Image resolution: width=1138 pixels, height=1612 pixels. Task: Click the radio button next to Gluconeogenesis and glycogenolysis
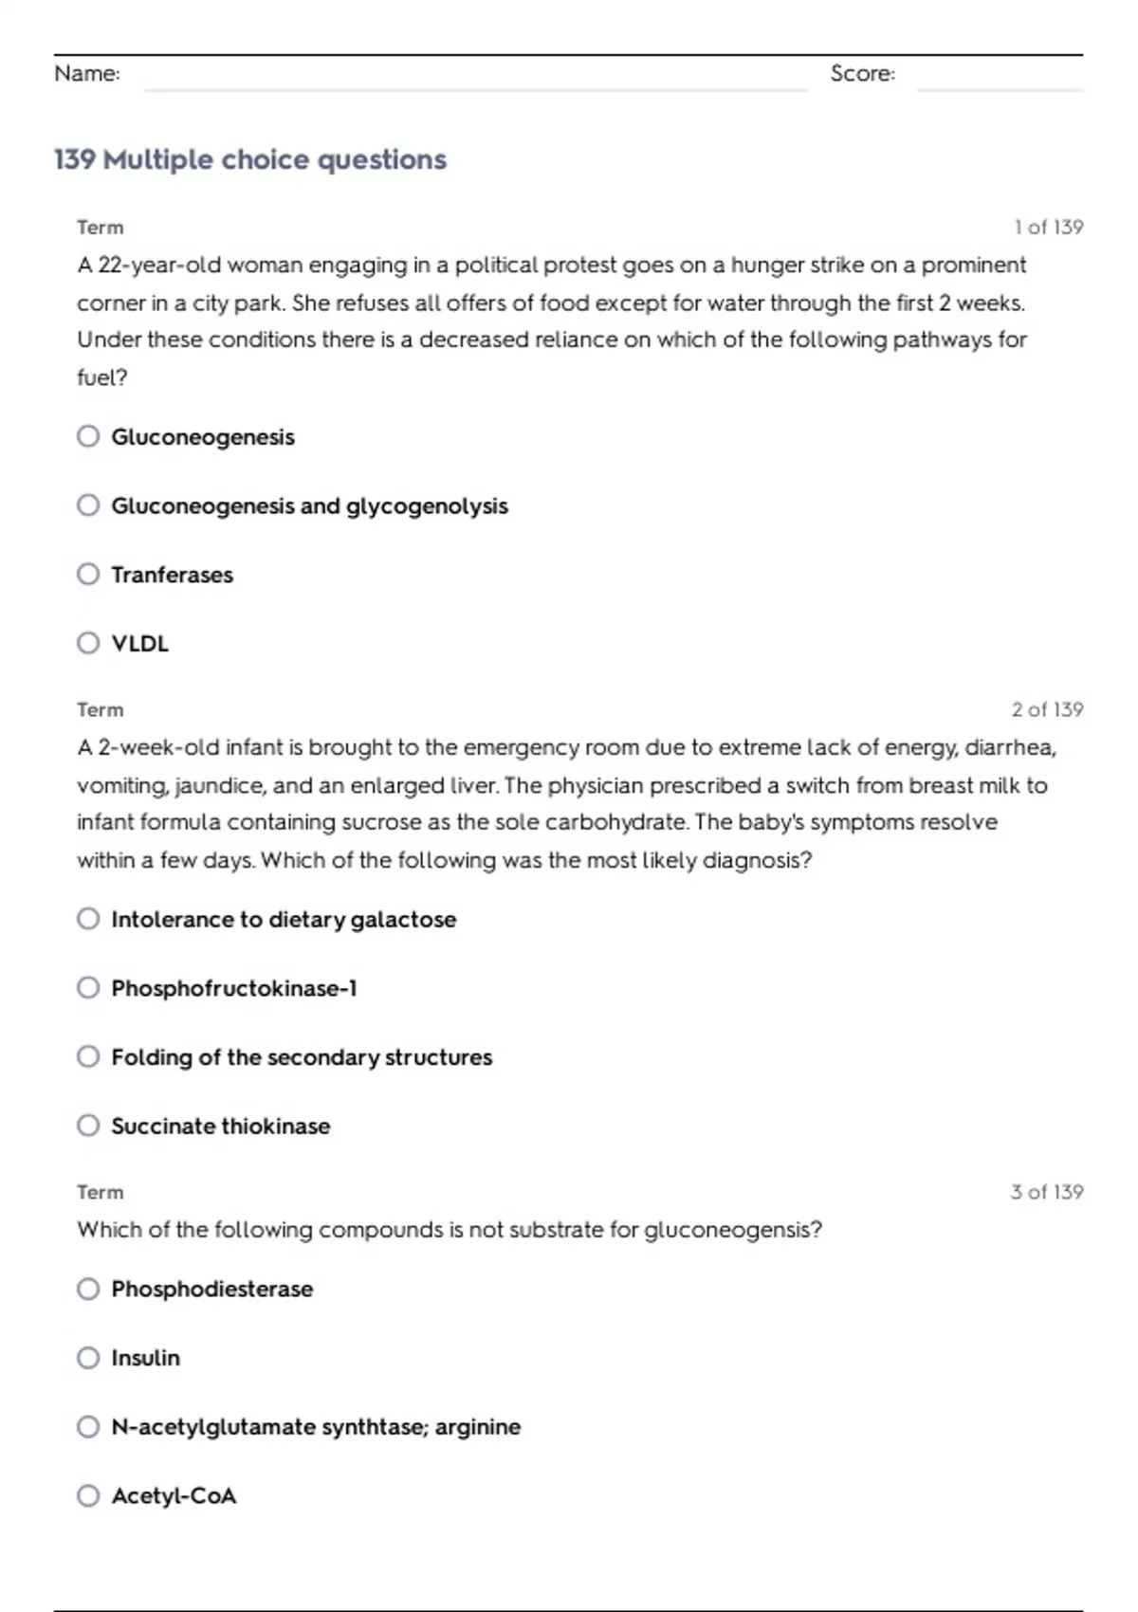tap(88, 505)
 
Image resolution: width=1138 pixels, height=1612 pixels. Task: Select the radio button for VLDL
tap(88, 643)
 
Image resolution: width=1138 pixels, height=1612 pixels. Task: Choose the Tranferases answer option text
tap(172, 575)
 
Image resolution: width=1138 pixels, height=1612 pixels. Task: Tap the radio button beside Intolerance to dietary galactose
tap(88, 919)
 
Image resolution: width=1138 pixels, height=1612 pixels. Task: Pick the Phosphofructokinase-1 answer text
tap(234, 988)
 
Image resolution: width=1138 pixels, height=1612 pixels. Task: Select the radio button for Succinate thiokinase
tap(88, 1126)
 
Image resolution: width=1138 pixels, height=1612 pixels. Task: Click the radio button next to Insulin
tap(88, 1358)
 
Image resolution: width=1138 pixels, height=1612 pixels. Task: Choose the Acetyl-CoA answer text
tap(174, 1495)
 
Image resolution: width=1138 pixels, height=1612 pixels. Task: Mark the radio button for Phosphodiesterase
tap(88, 1289)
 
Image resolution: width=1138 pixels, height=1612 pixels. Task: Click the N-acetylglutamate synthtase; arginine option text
tap(316, 1427)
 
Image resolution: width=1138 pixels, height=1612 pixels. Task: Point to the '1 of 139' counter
tap(1048, 228)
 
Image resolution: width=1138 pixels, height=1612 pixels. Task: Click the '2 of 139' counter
tap(1047, 710)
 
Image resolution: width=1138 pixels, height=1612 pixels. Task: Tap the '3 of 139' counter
tap(1047, 1192)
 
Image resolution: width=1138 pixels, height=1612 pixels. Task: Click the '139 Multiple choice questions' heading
tap(250, 159)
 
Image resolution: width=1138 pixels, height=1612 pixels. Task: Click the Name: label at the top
tap(87, 74)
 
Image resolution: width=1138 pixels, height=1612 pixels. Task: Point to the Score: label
tap(862, 74)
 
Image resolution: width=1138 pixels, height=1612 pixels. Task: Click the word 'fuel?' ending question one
tap(102, 377)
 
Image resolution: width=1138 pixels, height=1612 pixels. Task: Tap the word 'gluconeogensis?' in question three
tap(733, 1230)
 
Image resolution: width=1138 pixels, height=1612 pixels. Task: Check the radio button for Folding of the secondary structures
tap(88, 1056)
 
